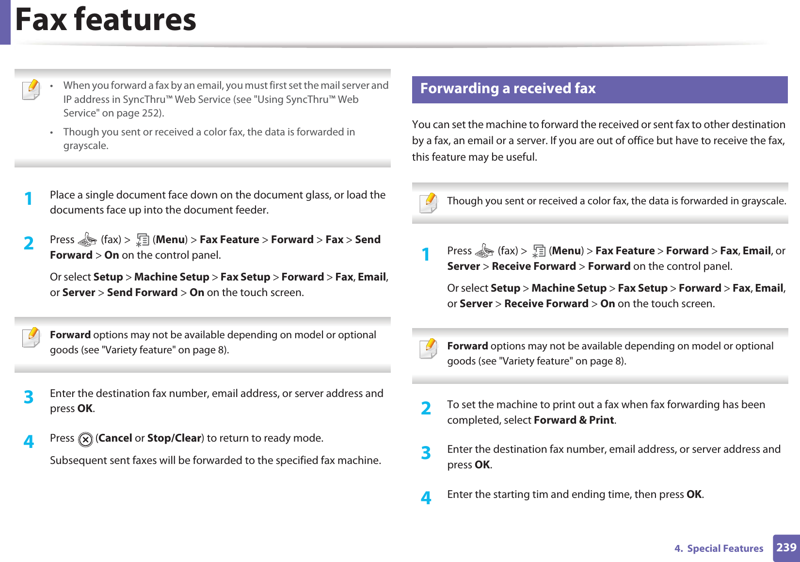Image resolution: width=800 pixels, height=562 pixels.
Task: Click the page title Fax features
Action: [106, 20]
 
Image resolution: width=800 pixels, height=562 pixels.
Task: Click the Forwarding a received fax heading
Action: [508, 89]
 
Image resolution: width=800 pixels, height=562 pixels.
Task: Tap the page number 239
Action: [786, 547]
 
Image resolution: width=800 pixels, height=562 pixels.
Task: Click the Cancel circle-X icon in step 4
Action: [85, 439]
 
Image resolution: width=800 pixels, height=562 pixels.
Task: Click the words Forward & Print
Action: [574, 420]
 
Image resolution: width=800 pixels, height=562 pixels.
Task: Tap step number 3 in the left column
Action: [29, 397]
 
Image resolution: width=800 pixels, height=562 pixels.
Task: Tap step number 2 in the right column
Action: [426, 409]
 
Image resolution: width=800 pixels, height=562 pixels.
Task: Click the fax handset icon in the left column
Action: [87, 240]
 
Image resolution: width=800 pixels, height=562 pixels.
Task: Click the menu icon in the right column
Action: [539, 251]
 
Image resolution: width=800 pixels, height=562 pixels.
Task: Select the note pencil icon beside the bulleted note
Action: [32, 89]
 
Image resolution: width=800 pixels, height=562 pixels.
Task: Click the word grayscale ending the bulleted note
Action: [85, 146]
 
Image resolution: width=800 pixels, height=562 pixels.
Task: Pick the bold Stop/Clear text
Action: [174, 438]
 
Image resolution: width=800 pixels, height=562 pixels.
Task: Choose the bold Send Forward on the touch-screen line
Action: [142, 293]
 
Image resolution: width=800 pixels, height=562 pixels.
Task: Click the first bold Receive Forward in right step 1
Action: [533, 266]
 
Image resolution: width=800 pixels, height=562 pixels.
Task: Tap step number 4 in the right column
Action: [426, 498]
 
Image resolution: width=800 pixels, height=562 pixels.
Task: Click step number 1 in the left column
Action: [29, 199]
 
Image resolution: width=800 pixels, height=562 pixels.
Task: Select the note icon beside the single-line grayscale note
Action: [429, 203]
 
